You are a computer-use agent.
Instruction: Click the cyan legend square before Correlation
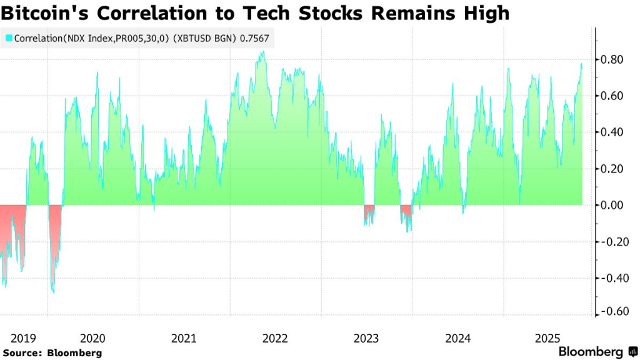[x=9, y=38]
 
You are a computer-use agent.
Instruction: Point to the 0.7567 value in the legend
[x=255, y=38]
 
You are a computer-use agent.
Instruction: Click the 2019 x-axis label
[x=23, y=339]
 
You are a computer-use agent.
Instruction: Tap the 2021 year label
[x=184, y=339]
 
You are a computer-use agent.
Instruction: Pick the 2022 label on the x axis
[x=275, y=339]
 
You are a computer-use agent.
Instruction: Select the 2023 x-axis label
[x=366, y=339]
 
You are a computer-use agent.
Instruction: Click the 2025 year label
[x=548, y=339]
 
